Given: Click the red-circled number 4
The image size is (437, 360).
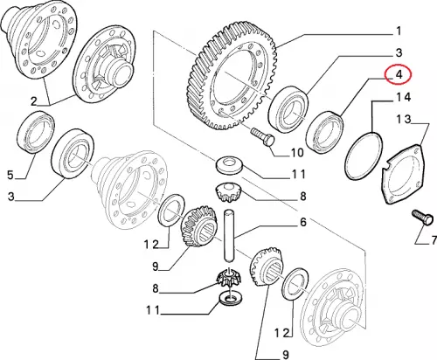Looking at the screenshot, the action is tap(399, 74).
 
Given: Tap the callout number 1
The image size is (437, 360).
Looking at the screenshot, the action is tap(399, 31).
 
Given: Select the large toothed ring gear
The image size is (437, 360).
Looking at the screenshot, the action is tap(232, 77).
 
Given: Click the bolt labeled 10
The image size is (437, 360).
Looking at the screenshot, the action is tap(262, 137).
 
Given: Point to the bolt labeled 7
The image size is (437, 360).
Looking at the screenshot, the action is tap(423, 218).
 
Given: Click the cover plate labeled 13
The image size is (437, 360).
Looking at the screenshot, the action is tap(404, 174).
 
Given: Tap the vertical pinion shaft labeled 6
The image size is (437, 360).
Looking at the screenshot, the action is tap(229, 237).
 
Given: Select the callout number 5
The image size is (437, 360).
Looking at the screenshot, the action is tap(10, 176).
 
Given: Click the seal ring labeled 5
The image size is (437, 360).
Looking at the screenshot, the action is tap(36, 132).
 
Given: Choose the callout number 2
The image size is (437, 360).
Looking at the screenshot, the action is tap(34, 101).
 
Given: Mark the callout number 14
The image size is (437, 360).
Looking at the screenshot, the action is tap(403, 97).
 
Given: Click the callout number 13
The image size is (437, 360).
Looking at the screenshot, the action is tap(404, 119).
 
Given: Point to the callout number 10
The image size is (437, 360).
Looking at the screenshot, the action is tap(297, 152).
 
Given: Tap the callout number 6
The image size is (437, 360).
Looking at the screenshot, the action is tap(303, 223).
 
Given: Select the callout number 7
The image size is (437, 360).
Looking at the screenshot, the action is tap(434, 240).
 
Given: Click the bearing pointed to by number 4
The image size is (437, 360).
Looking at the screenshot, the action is tap(324, 133).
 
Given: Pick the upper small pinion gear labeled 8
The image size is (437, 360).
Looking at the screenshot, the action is tap(227, 191).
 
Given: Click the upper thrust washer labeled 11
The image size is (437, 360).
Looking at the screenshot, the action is tap(229, 166).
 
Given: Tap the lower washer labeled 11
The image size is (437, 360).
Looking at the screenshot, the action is tap(231, 300).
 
